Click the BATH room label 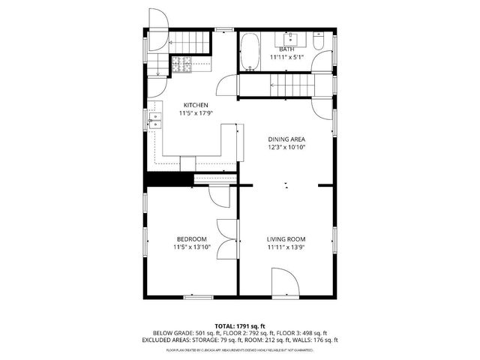click(287, 49)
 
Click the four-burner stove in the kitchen click(181, 65)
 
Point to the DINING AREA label click(287, 139)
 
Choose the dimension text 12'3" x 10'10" click(287, 148)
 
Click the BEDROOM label click(191, 239)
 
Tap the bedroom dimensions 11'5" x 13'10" click(191, 247)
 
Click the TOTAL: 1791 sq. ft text click(240, 325)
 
